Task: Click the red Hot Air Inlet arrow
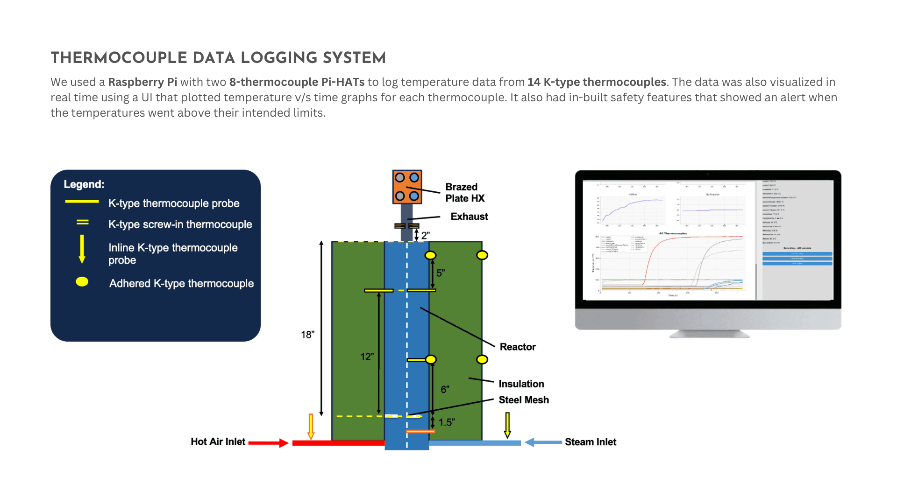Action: click(x=268, y=442)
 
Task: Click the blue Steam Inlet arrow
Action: click(x=543, y=442)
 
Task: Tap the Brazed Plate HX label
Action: click(x=464, y=192)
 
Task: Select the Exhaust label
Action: click(x=469, y=217)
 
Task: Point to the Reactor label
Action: click(x=517, y=347)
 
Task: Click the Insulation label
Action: click(x=521, y=384)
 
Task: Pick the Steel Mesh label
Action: click(x=523, y=400)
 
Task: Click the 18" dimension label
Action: click(x=307, y=335)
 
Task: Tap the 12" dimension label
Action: click(x=367, y=357)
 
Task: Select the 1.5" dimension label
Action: click(x=446, y=422)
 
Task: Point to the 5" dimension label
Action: click(x=440, y=273)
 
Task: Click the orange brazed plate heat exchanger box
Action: click(x=407, y=187)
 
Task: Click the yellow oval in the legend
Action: click(x=82, y=282)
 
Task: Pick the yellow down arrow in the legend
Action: click(x=82, y=249)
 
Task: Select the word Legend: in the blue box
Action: click(x=84, y=184)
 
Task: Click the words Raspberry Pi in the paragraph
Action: click(x=142, y=82)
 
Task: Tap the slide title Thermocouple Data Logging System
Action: click(x=218, y=58)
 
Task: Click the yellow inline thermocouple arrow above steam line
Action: click(x=507, y=425)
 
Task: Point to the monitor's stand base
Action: click(x=709, y=334)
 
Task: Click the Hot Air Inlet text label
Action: click(x=218, y=441)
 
